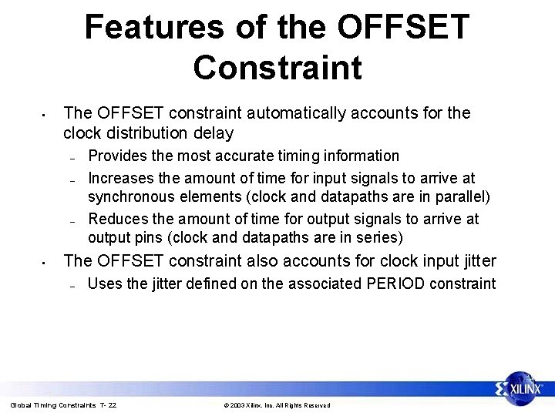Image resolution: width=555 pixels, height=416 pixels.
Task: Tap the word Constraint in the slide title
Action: click(277, 67)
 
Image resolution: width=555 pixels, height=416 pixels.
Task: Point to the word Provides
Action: click(118, 156)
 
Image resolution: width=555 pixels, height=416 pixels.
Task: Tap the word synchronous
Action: click(132, 197)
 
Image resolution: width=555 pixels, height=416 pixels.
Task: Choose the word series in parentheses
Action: click(379, 238)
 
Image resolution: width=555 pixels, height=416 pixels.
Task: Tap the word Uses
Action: click(105, 283)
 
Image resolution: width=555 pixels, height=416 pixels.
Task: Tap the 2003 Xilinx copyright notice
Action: click(277, 405)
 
